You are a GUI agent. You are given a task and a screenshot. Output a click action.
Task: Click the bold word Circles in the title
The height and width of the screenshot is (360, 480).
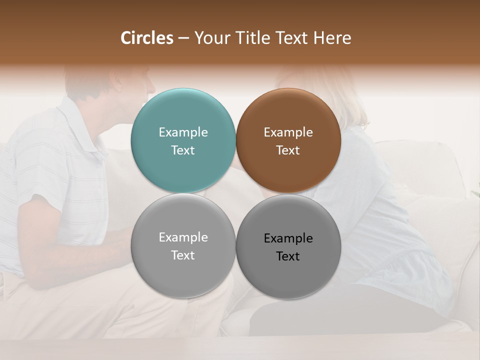click(147, 38)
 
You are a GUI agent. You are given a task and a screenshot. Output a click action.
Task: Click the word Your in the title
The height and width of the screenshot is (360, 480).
click(209, 38)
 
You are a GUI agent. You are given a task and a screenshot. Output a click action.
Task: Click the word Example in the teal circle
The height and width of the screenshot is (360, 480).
click(183, 132)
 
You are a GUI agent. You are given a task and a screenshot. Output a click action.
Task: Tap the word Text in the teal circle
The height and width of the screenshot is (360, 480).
click(183, 150)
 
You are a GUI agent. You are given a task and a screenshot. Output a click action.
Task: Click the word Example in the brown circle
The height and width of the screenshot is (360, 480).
click(288, 132)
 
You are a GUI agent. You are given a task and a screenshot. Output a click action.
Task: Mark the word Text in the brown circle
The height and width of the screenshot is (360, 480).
click(288, 150)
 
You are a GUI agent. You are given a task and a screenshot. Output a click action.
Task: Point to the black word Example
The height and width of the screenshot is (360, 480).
click(288, 238)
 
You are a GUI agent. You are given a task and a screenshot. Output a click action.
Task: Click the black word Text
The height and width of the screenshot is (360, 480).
click(288, 256)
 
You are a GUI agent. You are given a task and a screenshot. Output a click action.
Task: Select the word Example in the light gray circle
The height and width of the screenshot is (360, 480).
click(183, 237)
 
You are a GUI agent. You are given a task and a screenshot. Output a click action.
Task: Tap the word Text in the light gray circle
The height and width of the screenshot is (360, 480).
click(183, 255)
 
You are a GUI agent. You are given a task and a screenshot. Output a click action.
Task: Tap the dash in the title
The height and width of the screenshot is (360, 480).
click(183, 38)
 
